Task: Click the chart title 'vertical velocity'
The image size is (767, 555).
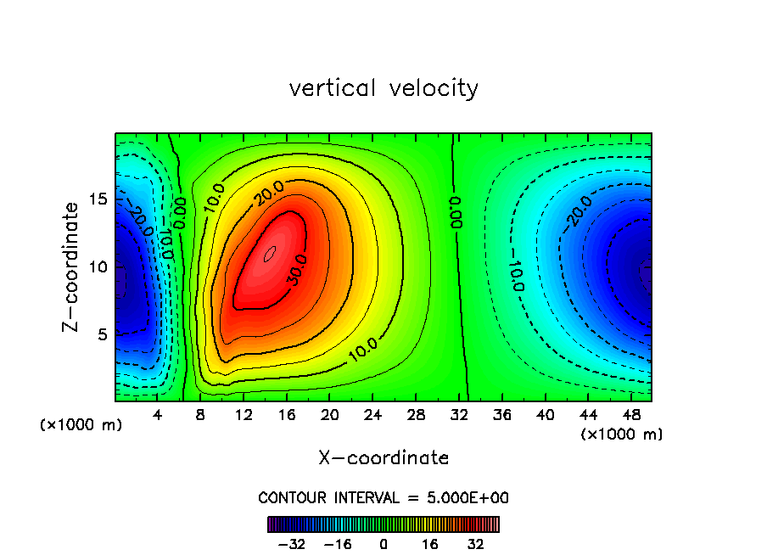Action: coord(383,88)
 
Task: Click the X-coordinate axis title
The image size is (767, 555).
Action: coord(383,458)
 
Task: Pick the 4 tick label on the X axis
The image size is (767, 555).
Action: coord(158,416)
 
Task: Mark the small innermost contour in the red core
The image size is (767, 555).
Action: coord(270,254)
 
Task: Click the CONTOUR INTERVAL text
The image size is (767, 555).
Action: coord(383,497)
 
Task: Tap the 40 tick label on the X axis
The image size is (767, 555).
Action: coord(545,416)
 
